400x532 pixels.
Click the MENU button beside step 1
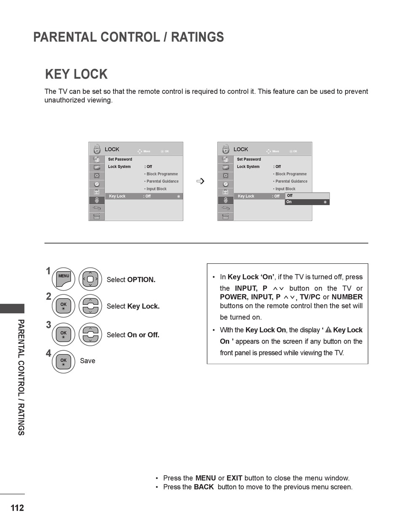click(63, 279)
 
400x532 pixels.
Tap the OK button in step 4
click(63, 362)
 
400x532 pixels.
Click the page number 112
click(17, 508)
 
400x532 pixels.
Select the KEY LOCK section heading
click(76, 74)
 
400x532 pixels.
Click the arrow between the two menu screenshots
click(200, 181)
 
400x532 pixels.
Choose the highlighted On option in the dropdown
click(307, 202)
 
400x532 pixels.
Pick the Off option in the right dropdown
click(307, 196)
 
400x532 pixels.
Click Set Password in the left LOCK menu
click(120, 159)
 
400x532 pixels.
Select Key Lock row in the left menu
click(143, 196)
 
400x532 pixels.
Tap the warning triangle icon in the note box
click(328, 330)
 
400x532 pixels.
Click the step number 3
click(48, 325)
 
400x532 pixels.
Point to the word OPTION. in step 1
click(141, 280)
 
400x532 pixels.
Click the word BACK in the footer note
click(204, 487)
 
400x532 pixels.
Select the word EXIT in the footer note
click(234, 478)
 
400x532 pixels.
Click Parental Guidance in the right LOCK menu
click(291, 181)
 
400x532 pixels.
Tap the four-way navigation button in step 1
click(90, 279)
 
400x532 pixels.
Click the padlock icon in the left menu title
click(97, 149)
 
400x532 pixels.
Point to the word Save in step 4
click(88, 361)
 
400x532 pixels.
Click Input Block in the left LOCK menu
click(156, 189)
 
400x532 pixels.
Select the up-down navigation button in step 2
click(90, 306)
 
